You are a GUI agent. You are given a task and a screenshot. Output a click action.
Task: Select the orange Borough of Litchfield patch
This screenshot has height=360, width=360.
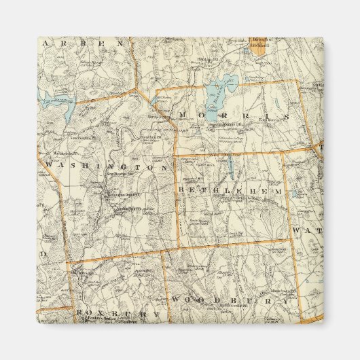click(x=259, y=45)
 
